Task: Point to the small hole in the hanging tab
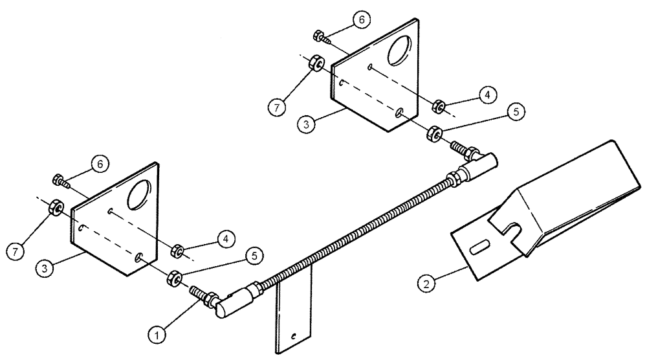(294, 336)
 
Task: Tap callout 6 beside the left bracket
(97, 166)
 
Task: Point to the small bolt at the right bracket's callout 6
(320, 36)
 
